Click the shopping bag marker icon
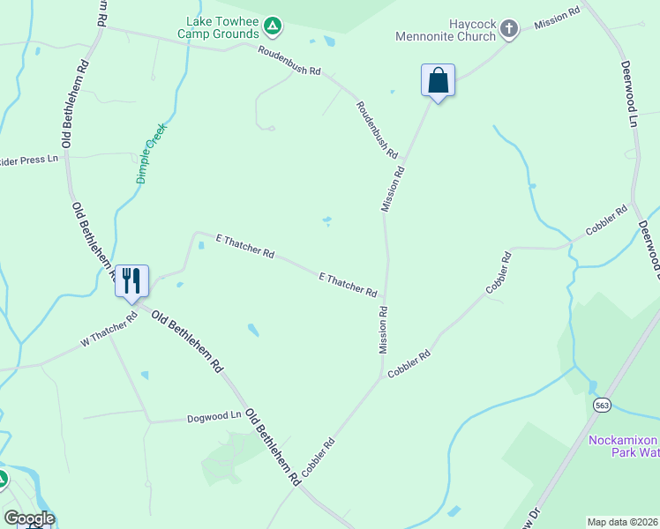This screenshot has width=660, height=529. pyautogui.click(x=438, y=80)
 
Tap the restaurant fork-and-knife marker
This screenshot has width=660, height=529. pyautogui.click(x=131, y=281)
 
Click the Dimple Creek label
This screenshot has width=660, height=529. pyautogui.click(x=152, y=153)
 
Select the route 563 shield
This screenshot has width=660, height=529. pyautogui.click(x=602, y=405)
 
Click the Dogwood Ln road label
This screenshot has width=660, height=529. pyautogui.click(x=214, y=415)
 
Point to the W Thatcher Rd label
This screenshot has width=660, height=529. pyautogui.click(x=109, y=330)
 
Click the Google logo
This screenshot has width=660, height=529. pyautogui.click(x=29, y=518)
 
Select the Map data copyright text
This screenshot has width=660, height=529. pyautogui.click(x=622, y=522)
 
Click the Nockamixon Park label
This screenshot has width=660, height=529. pyautogui.click(x=623, y=446)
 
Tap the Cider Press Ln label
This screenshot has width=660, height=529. pyautogui.click(x=29, y=159)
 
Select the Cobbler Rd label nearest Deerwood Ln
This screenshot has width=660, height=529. pyautogui.click(x=606, y=223)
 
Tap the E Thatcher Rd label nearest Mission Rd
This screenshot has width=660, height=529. pyautogui.click(x=348, y=284)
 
